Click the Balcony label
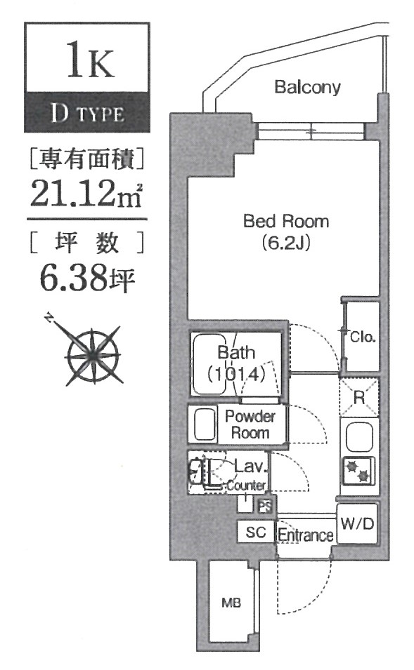click(307, 88)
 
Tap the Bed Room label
click(285, 222)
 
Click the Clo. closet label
click(363, 337)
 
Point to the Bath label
click(236, 352)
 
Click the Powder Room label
click(251, 424)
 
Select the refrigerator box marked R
click(358, 398)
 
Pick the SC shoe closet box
click(255, 532)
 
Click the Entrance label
click(305, 536)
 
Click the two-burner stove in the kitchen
click(358, 471)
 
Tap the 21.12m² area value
click(86, 192)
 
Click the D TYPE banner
click(87, 113)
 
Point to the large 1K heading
click(87, 62)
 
